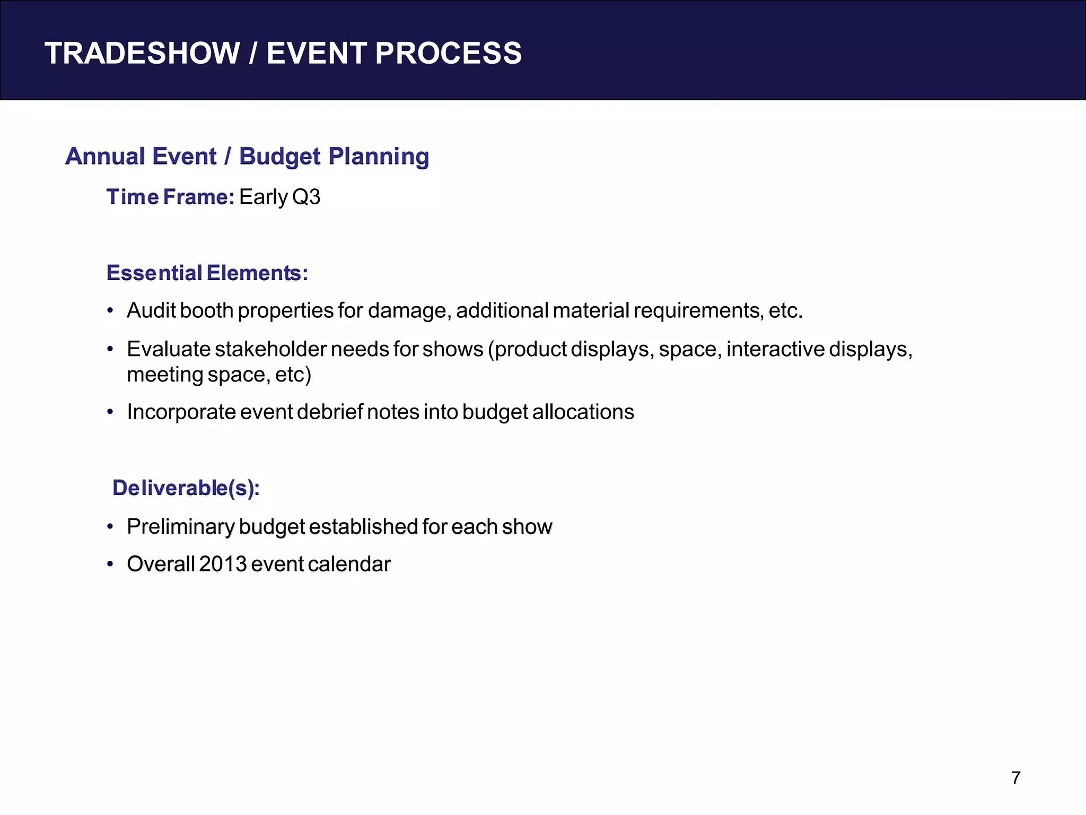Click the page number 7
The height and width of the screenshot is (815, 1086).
click(1015, 778)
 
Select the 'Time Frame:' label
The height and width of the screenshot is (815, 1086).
click(170, 197)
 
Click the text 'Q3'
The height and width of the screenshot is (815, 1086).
click(306, 197)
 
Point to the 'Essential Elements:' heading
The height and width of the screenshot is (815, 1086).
click(207, 273)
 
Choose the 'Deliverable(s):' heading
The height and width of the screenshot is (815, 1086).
click(186, 488)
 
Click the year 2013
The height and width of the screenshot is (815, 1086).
click(223, 563)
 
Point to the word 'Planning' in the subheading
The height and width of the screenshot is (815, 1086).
click(378, 157)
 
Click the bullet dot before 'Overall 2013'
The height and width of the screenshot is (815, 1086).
click(110, 564)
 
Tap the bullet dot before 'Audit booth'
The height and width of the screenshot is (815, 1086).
click(110, 311)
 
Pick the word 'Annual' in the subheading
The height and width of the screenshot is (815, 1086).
click(105, 157)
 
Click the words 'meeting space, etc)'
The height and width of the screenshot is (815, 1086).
click(218, 375)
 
